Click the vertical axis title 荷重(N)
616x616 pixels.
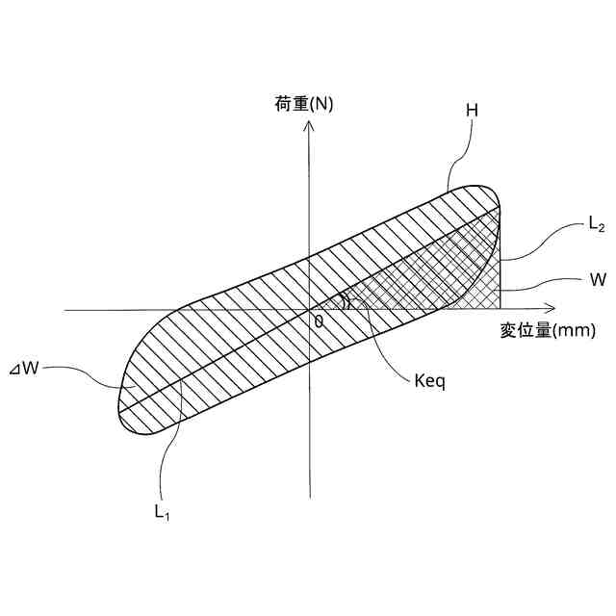point(298,104)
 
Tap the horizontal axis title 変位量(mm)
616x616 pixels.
point(548,331)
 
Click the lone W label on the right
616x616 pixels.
point(598,279)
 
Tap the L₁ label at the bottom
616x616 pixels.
point(163,511)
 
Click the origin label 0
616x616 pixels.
point(319,321)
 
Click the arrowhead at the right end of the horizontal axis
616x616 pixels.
point(551,310)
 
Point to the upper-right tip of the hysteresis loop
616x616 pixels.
point(500,203)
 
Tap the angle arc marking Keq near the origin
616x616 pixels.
point(348,301)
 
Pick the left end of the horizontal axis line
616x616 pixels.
point(65,310)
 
